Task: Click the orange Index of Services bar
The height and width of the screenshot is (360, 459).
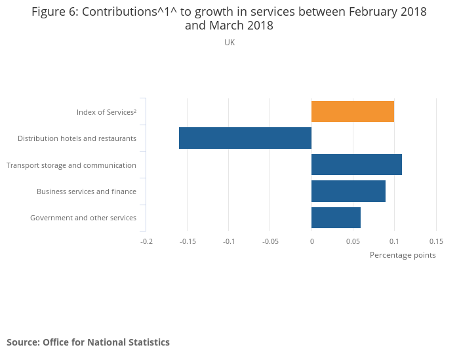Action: click(353, 111)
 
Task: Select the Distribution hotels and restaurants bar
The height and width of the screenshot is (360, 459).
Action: click(245, 138)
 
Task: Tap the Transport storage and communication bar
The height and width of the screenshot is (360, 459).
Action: click(357, 165)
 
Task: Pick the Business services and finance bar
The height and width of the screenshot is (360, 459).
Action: click(348, 191)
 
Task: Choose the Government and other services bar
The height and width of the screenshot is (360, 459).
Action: click(336, 217)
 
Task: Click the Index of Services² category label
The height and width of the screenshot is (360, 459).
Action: click(106, 112)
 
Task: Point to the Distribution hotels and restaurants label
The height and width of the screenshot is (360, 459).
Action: click(77, 138)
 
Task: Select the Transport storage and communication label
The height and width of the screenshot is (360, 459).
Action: click(71, 165)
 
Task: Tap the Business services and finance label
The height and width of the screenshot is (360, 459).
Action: click(87, 191)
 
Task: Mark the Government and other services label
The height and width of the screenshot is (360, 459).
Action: click(83, 218)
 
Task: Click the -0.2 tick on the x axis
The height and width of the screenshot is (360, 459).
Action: click(146, 241)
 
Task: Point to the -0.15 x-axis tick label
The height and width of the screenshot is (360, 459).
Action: click(188, 241)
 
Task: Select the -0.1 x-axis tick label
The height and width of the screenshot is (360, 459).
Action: click(229, 241)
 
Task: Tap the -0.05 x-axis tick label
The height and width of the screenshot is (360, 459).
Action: click(270, 241)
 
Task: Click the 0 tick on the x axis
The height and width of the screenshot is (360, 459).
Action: click(311, 241)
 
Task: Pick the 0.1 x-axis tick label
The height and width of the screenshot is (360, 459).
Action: click(394, 241)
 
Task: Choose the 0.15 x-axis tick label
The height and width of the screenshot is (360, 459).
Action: click(435, 241)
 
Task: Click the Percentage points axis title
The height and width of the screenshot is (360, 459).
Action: click(403, 255)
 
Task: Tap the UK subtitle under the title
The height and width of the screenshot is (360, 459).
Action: click(229, 43)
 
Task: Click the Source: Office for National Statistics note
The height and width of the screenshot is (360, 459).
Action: click(88, 342)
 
